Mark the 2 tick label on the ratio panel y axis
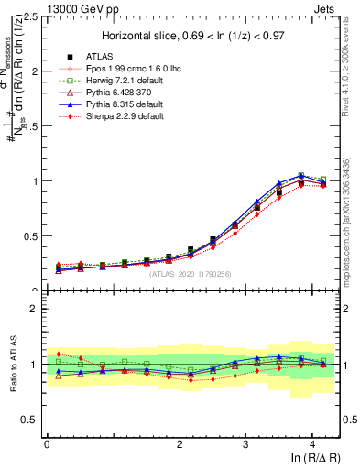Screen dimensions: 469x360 [35, 309]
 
